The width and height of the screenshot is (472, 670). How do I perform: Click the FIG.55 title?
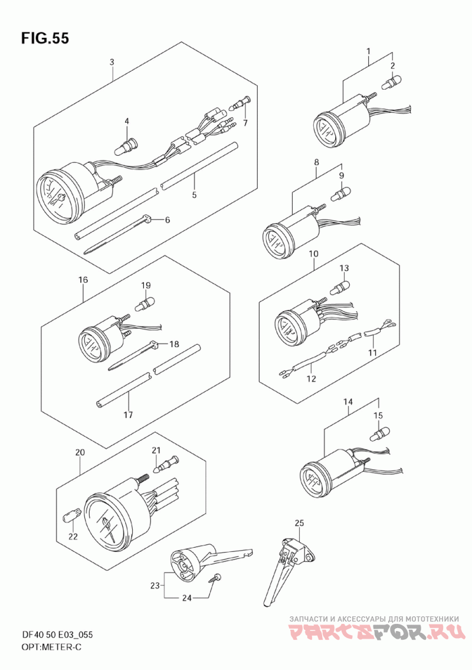coord(44,38)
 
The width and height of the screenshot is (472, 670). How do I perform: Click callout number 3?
coord(112,63)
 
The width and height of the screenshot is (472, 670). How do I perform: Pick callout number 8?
coord(316,162)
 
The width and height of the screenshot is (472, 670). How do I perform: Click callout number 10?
coord(313,254)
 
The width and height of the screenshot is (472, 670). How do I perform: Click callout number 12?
coord(312,378)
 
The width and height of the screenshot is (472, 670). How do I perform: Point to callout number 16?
coord(83,280)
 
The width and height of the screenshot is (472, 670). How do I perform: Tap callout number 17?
coord(128,414)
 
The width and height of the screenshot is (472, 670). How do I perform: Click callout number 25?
coord(299,523)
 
